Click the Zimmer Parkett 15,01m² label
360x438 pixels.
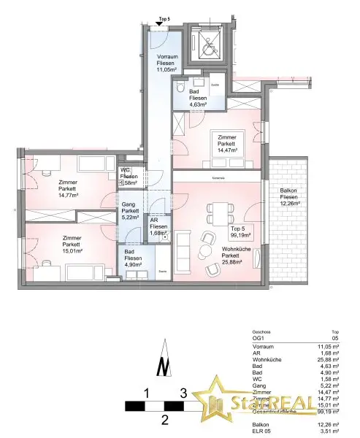(x=72, y=245)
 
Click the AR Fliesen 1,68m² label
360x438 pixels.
(x=158, y=226)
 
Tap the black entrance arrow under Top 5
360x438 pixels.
(x=160, y=25)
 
